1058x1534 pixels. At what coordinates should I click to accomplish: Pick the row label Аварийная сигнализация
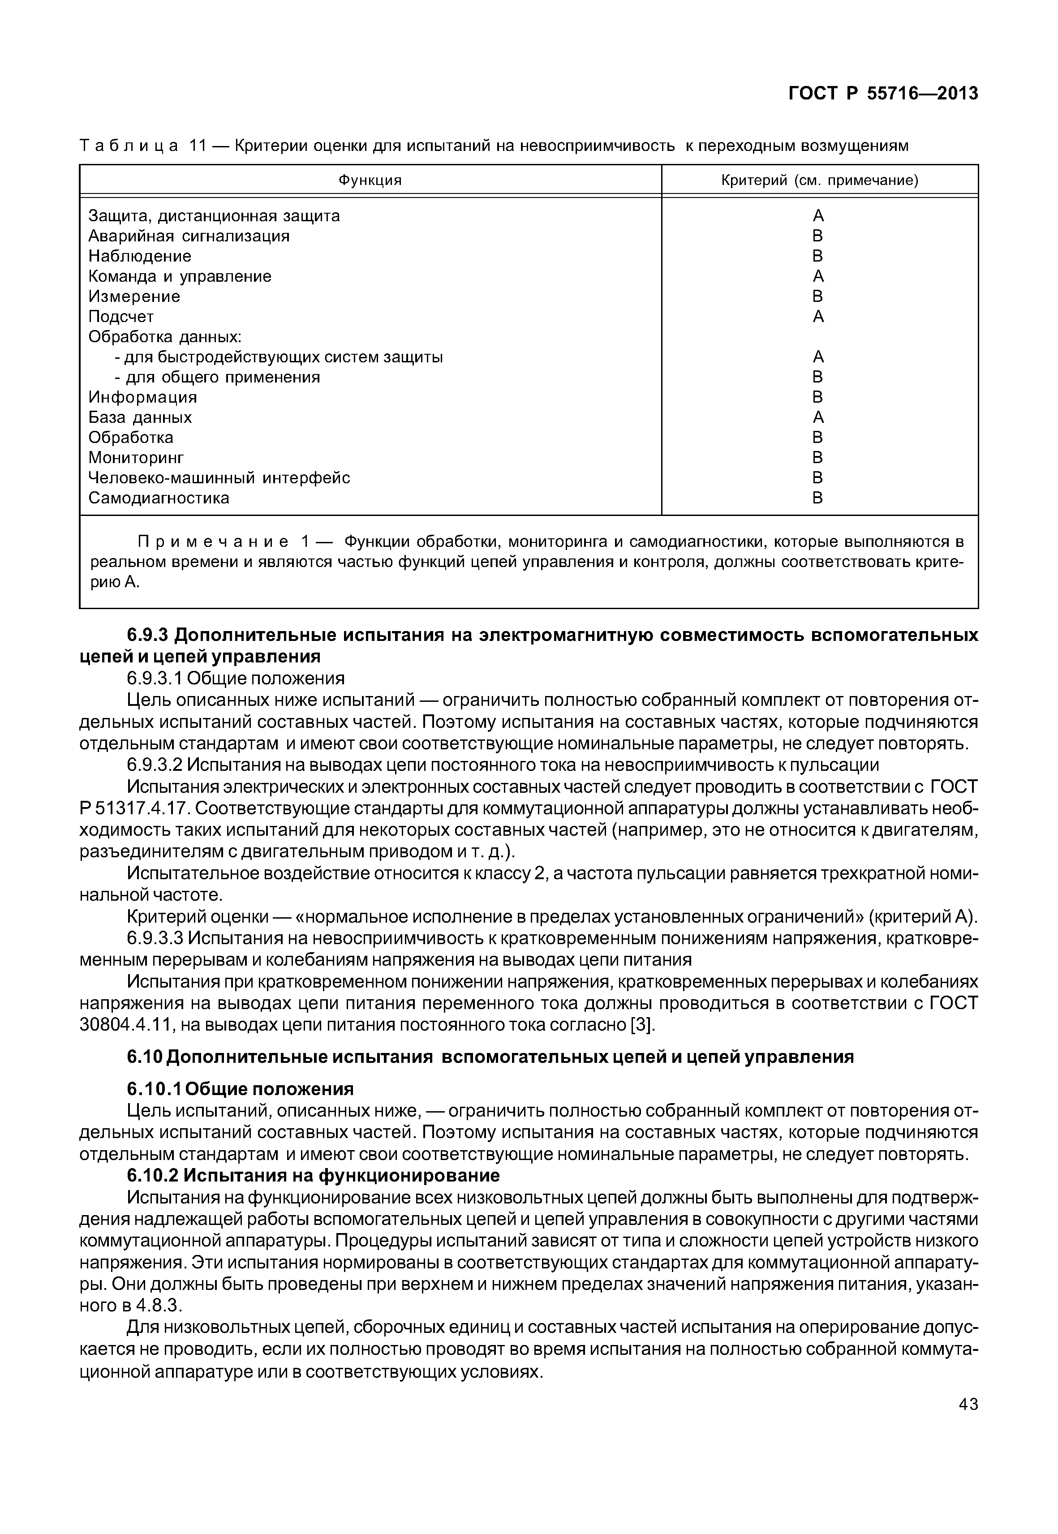pyautogui.click(x=189, y=236)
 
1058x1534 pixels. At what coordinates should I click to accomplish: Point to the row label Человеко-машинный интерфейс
pyautogui.click(x=219, y=477)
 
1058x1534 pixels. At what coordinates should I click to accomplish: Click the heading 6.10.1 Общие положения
pyautogui.click(x=240, y=1089)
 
